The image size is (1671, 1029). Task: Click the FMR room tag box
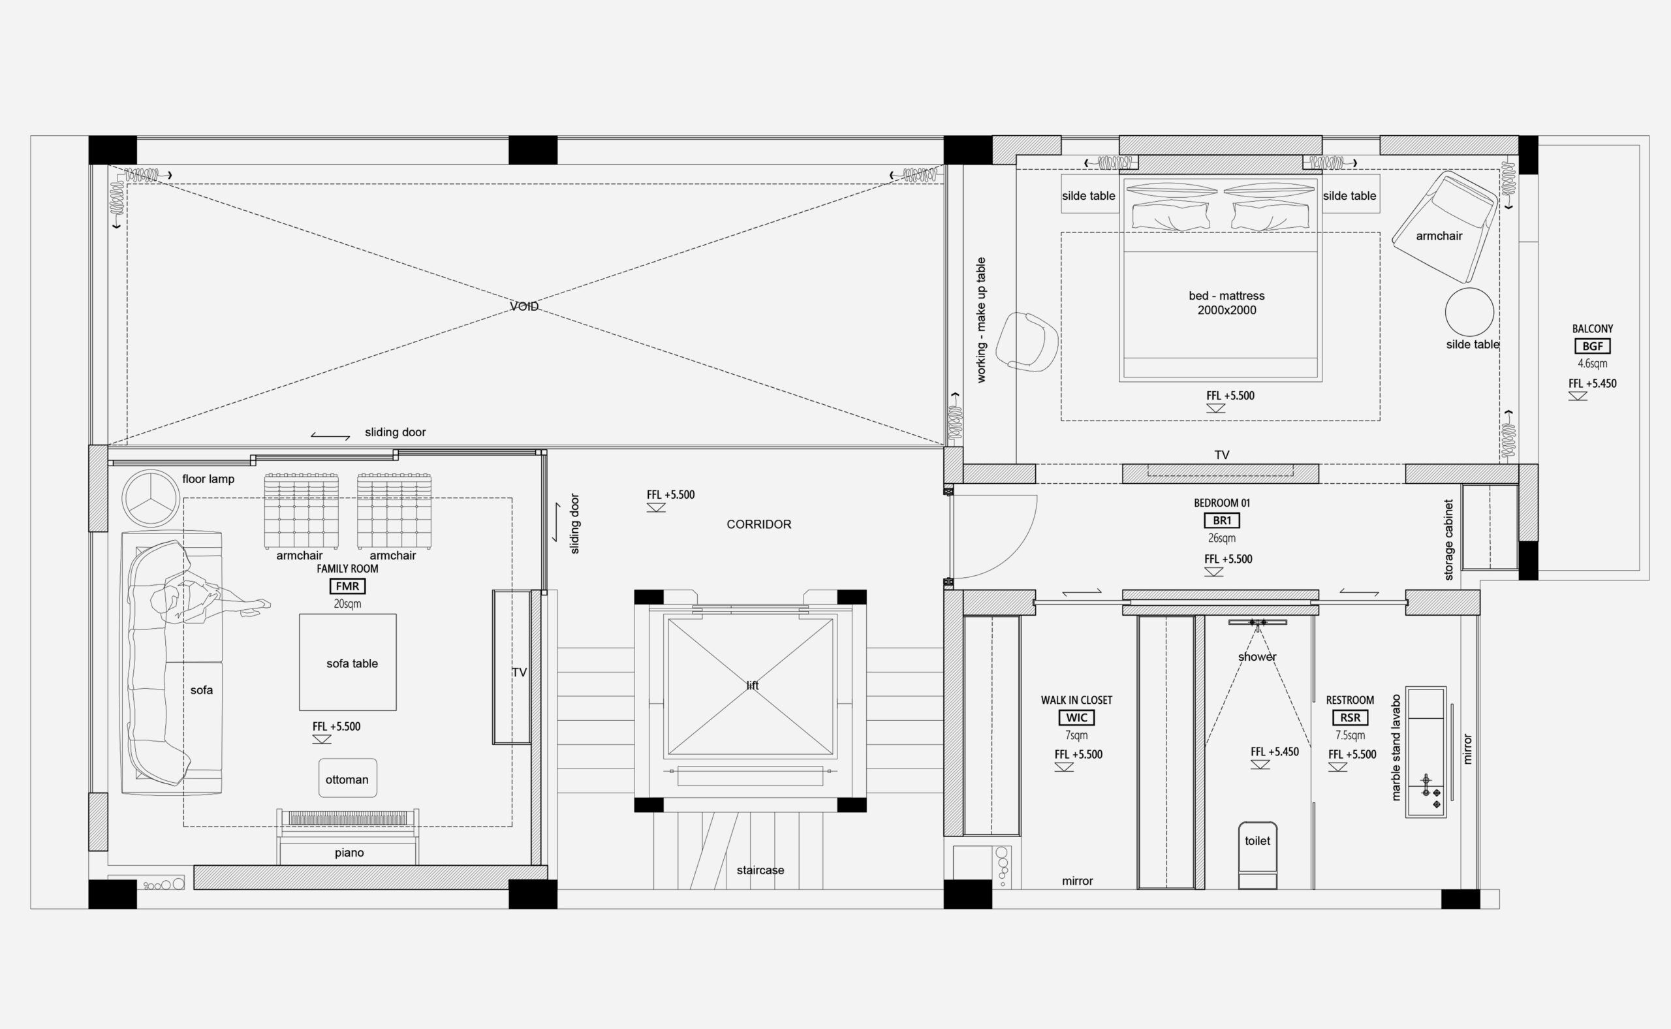pos(347,586)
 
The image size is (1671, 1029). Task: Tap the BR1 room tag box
pos(1222,520)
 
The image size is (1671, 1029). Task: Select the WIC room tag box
pos(1076,718)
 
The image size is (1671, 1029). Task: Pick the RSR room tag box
pos(1350,718)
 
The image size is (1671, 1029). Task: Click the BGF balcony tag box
pos(1592,346)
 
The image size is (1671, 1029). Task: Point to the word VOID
pos(524,307)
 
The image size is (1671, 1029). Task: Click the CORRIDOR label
pos(758,525)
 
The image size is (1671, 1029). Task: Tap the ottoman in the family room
pos(348,778)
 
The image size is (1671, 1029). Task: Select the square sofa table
pos(348,662)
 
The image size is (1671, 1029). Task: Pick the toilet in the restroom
pos(1257,855)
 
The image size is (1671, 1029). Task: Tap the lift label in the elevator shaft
pos(752,686)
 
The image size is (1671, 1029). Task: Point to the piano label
pos(349,853)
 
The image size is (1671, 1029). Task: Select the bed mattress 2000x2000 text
pos(1226,303)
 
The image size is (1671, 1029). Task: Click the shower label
pos(1257,657)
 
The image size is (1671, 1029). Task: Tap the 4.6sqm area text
pos(1592,364)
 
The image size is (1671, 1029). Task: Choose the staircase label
pos(760,870)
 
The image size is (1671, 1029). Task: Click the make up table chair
pos(1027,341)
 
